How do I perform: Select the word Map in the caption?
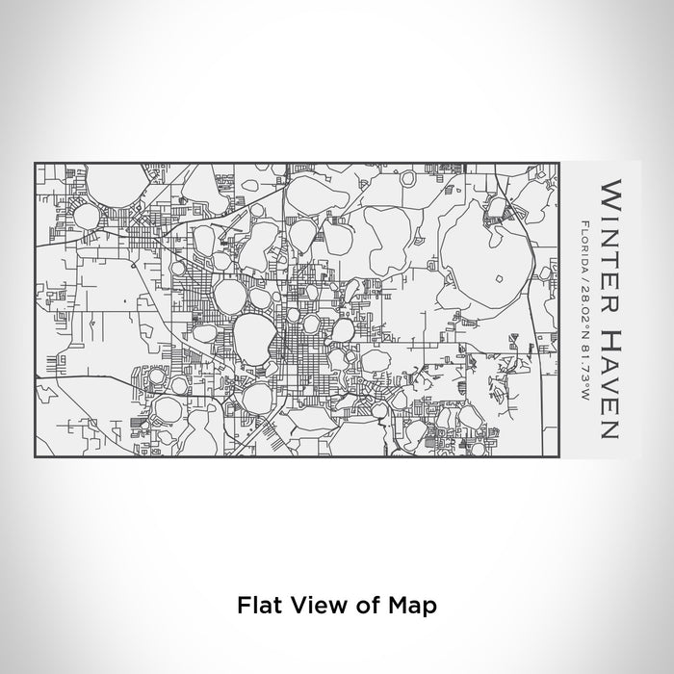[411, 606]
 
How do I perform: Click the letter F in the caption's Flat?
[242, 606]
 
